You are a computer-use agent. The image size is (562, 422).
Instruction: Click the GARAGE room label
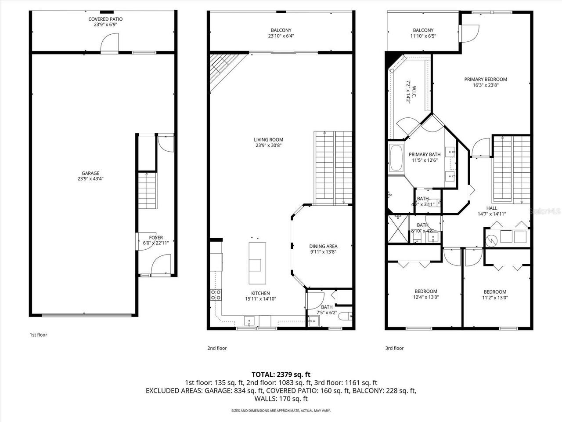90,176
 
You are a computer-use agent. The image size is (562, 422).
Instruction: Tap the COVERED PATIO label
105,22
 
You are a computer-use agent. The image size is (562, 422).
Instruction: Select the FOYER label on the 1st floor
156,240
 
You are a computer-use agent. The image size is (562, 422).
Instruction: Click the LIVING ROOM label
268,142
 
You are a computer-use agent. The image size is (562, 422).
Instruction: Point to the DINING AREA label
323,249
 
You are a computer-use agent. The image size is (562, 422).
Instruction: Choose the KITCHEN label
260,296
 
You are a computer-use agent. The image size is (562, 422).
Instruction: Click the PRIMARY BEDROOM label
486,82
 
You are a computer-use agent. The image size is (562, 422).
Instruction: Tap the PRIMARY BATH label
425,157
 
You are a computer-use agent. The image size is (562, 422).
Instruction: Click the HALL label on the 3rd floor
492,211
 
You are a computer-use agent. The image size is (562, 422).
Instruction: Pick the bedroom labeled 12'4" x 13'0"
425,294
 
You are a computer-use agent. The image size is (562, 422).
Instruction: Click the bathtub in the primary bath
396,158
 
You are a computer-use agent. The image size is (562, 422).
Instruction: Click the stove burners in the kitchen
216,295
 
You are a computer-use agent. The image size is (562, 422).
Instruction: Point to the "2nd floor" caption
217,348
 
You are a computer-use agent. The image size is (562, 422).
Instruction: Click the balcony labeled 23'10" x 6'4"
281,33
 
